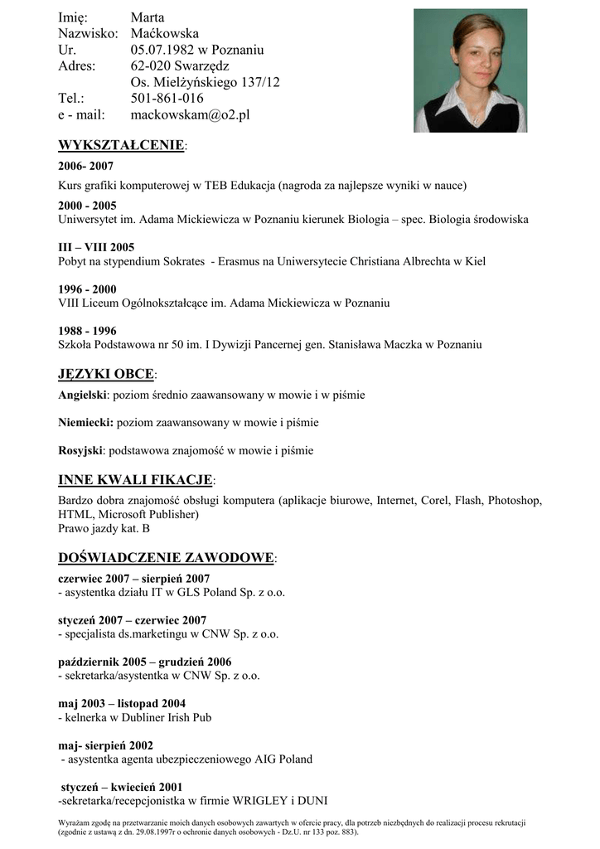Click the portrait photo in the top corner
[470, 70]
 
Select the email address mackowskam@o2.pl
[190, 115]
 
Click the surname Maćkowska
[165, 33]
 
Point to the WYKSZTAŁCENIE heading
[121, 146]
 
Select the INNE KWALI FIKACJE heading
[136, 480]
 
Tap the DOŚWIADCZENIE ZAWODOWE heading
[166, 558]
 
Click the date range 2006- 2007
[86, 166]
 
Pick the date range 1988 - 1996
[87, 331]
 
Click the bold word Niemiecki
[85, 423]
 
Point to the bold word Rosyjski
[81, 451]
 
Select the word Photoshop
[515, 501]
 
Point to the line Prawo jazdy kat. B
[104, 528]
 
